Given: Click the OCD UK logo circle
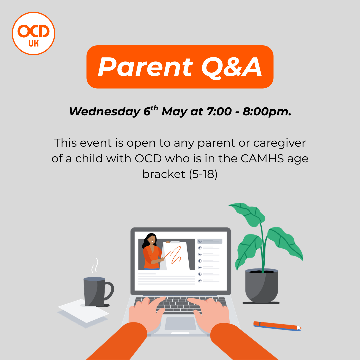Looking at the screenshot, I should click(x=33, y=33).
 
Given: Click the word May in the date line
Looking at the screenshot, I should click(x=174, y=112).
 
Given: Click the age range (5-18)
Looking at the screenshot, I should click(x=203, y=174).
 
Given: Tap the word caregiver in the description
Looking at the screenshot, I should click(x=279, y=143).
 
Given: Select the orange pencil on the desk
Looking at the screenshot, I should click(x=277, y=325).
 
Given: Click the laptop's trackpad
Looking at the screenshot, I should click(x=180, y=323).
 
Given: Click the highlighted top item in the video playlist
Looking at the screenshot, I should click(x=210, y=241).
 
